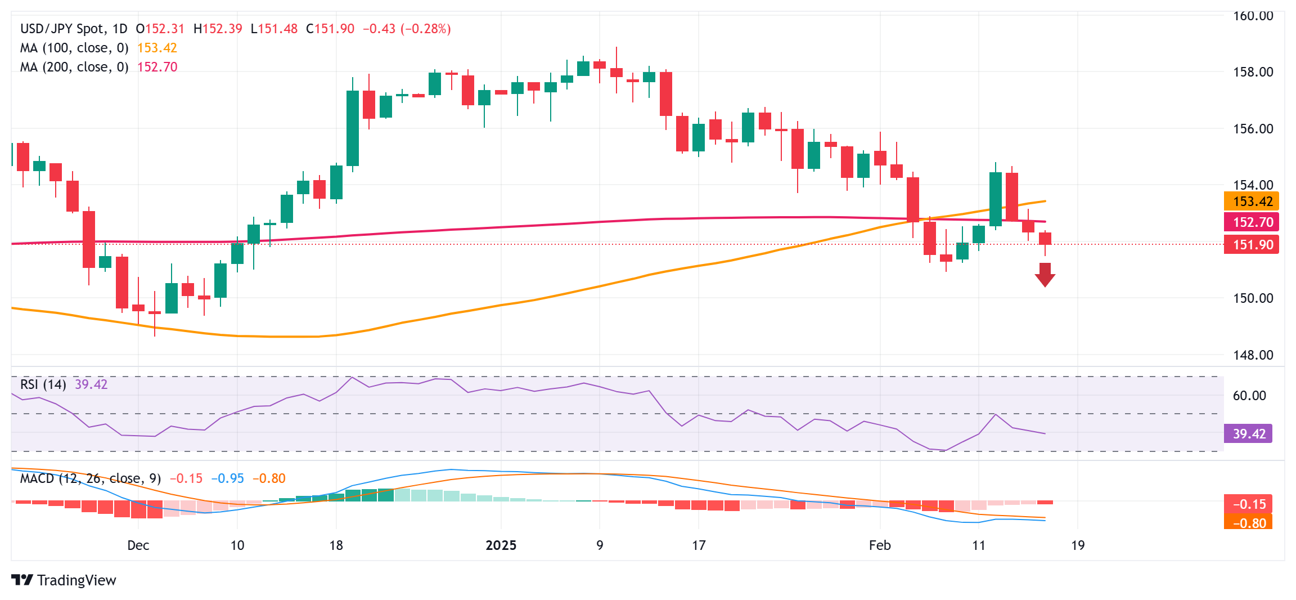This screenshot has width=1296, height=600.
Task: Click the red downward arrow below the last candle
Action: click(x=1045, y=275)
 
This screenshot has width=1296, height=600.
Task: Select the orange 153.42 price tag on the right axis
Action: click(x=1252, y=202)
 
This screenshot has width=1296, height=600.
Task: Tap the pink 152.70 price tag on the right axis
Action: click(x=1252, y=222)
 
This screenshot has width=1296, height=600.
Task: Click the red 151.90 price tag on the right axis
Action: click(x=1252, y=245)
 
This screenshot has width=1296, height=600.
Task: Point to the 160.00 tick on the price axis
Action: click(x=1253, y=16)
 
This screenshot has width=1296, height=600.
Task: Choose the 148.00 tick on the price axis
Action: click(x=1253, y=355)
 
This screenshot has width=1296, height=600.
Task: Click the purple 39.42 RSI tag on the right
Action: click(x=1248, y=434)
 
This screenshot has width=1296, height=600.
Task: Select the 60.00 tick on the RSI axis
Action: click(x=1249, y=396)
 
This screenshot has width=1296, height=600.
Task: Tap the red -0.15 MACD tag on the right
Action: click(x=1248, y=504)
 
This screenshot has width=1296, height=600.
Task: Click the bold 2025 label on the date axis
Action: click(x=501, y=545)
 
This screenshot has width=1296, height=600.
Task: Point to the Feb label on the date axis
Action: click(x=880, y=545)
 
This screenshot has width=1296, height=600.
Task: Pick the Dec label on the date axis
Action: click(x=138, y=545)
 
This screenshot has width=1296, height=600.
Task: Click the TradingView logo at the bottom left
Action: click(x=64, y=580)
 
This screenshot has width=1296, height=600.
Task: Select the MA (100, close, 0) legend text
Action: click(x=74, y=48)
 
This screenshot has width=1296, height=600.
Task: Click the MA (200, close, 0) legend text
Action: click(x=74, y=67)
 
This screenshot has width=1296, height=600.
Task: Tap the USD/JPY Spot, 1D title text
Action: click(x=74, y=29)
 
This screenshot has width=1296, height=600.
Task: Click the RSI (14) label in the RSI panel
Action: click(x=43, y=384)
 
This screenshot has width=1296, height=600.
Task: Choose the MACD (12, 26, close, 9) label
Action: click(x=91, y=478)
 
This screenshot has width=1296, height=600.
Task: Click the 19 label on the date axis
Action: click(x=1078, y=545)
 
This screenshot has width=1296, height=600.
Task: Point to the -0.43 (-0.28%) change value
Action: click(x=407, y=29)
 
